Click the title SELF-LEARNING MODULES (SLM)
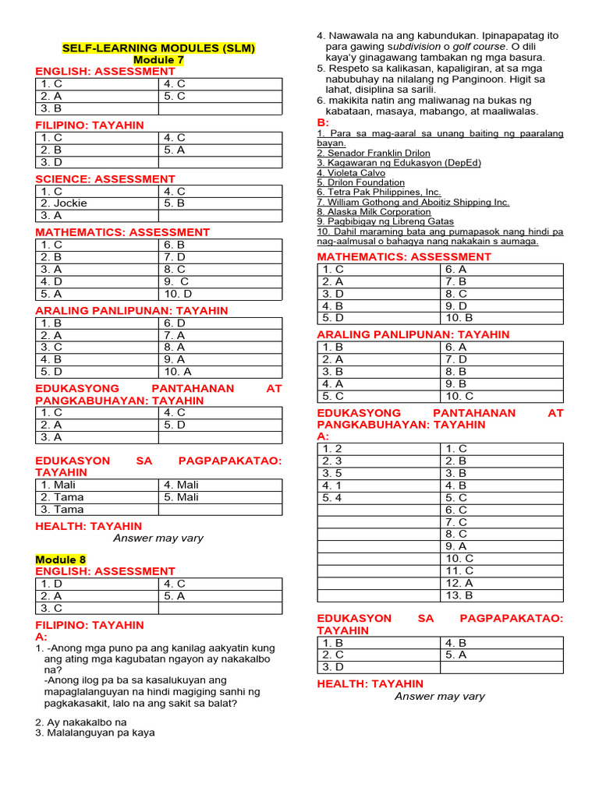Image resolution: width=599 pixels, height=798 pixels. (158, 48)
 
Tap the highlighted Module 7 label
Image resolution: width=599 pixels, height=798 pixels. (158, 60)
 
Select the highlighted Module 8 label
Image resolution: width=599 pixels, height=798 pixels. (61, 560)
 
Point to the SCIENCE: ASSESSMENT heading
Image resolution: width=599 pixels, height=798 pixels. (105, 179)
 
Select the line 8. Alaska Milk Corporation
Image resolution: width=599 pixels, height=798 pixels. (374, 211)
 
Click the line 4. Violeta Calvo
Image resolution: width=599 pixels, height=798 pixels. (351, 173)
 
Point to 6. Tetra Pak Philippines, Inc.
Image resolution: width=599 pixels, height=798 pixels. (378, 192)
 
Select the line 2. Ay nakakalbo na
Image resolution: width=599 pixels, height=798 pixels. (80, 722)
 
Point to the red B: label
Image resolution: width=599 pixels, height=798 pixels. (323, 123)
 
